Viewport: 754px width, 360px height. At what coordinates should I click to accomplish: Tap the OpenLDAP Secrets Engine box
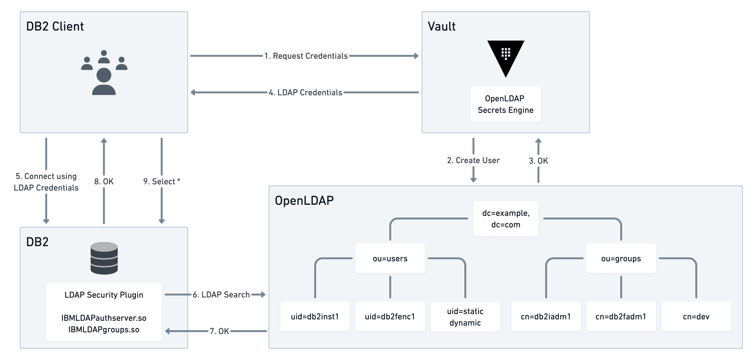[x=505, y=104]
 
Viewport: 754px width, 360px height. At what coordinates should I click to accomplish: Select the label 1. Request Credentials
[x=306, y=56]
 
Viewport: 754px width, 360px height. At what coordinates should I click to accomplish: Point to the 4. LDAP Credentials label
[x=305, y=92]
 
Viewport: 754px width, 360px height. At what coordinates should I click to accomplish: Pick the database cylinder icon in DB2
[x=104, y=258]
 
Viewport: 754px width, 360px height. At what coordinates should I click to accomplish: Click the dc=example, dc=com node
[x=505, y=219]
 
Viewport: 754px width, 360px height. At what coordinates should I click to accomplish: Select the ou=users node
[x=390, y=258]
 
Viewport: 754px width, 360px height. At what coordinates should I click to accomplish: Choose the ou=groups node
[x=621, y=258]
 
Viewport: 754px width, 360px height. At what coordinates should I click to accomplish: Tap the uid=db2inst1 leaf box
[x=315, y=316]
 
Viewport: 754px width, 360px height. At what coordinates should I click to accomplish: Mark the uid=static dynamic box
[x=465, y=317]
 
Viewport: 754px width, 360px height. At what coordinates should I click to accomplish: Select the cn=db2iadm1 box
[x=546, y=316]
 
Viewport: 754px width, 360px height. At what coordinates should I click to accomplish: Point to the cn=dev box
[x=696, y=316]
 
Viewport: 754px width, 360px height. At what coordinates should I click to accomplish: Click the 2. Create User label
[x=473, y=161]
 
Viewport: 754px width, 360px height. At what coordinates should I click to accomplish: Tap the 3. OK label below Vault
[x=538, y=161]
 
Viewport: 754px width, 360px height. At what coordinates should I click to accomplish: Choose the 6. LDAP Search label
[x=221, y=295]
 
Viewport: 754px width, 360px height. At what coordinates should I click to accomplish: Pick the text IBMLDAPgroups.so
[x=104, y=330]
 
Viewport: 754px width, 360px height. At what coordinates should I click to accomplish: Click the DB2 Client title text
[x=55, y=26]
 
